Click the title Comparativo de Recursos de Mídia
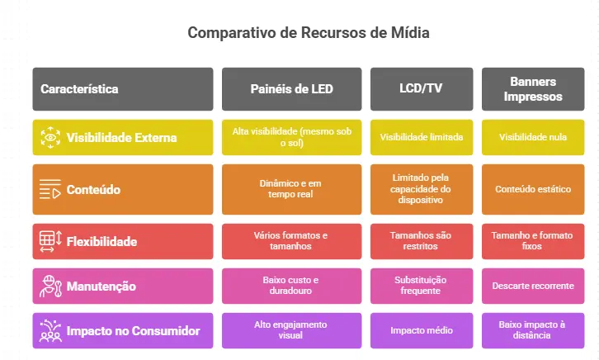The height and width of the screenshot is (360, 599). tap(309, 33)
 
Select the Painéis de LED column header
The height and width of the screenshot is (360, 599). tap(291, 88)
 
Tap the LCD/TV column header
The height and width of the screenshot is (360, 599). tap(422, 88)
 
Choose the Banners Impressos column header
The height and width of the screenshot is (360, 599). tap(532, 88)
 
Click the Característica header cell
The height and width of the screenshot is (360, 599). tap(122, 88)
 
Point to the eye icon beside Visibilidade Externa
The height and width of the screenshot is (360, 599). tap(50, 137)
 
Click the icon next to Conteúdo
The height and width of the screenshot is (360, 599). tap(50, 190)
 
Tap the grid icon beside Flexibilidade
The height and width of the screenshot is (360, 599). tap(50, 242)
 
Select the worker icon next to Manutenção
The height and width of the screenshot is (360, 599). tap(50, 287)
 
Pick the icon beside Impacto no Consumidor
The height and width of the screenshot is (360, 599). tap(50, 330)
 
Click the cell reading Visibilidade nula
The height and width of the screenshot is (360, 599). tap(532, 137)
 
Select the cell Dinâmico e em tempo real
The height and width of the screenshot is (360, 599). tap(291, 189)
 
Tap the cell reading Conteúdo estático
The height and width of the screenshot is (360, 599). tap(532, 189)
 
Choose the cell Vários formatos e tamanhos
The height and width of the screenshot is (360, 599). tap(291, 241)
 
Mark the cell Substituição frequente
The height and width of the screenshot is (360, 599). tap(422, 286)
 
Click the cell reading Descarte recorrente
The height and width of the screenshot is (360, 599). tap(532, 287)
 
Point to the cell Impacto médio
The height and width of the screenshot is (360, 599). tap(422, 330)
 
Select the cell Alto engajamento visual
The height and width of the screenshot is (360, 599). tap(291, 330)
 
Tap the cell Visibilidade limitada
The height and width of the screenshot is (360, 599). tap(422, 137)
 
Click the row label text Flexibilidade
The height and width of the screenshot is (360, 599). tap(101, 242)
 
